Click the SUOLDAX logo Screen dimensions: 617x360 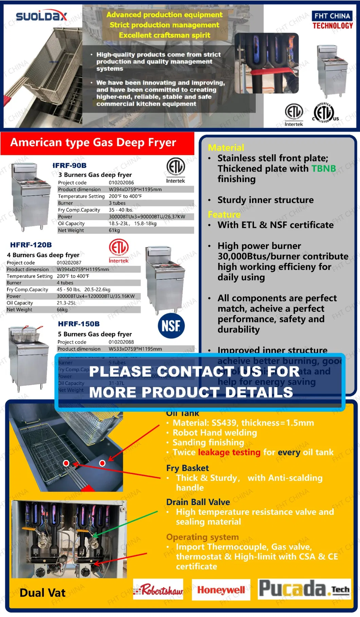(41, 16)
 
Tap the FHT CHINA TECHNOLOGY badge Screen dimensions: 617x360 (332, 21)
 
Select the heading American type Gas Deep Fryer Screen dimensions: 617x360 (93, 142)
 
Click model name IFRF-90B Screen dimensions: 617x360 (70, 165)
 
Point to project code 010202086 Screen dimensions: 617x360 (121, 183)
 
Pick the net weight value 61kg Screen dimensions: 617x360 (114, 230)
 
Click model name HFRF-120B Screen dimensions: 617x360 (31, 245)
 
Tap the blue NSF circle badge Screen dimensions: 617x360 (171, 326)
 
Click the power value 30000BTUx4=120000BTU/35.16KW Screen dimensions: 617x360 (95, 296)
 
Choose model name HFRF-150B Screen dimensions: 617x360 (79, 324)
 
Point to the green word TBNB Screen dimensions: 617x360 (324, 169)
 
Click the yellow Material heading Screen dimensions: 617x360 (226, 148)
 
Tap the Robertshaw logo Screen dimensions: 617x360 (158, 590)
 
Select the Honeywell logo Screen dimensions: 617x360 (221, 590)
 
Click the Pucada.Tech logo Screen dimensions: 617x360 (304, 589)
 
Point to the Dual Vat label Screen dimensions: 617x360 (42, 593)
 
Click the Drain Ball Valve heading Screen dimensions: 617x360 (198, 502)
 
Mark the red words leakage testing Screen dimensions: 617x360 (229, 452)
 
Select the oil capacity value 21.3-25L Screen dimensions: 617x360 (66, 303)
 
